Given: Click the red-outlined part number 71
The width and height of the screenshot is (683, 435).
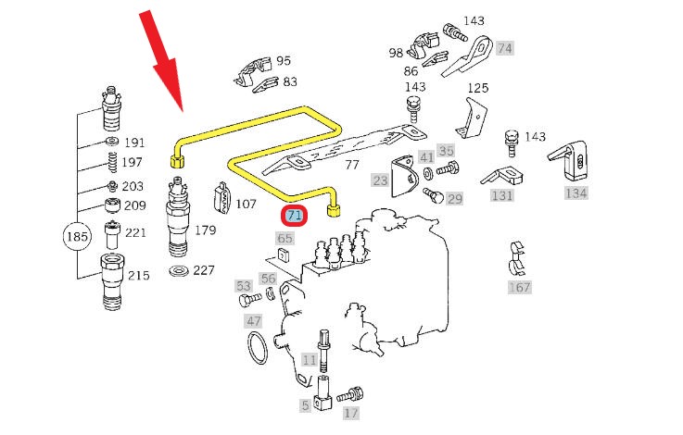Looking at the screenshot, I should (295, 216).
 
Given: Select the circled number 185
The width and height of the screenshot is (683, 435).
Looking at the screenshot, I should (77, 238).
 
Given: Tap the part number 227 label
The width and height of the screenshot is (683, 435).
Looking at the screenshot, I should (204, 271).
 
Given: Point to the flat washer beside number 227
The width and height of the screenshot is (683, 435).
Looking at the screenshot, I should (178, 271).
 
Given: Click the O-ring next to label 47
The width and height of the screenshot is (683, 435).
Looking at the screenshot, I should (259, 349).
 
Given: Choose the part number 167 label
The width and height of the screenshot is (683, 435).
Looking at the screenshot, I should (519, 287).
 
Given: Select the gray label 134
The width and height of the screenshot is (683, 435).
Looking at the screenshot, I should (575, 193).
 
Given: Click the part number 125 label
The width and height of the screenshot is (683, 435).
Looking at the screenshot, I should (476, 88).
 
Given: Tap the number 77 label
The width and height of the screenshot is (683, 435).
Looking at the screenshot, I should (351, 166).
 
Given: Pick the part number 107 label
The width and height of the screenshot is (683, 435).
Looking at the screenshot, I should (246, 205).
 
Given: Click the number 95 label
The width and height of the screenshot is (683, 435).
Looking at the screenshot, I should (284, 60).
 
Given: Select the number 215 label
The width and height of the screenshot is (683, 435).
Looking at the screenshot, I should (137, 276).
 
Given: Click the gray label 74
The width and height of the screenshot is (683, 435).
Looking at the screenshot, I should (504, 47).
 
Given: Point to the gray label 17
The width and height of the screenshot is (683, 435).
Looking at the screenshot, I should (350, 413).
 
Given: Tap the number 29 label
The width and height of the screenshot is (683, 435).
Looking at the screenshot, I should (454, 199).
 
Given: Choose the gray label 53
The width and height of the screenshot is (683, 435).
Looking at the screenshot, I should (244, 286).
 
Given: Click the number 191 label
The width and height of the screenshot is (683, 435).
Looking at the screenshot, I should (135, 143).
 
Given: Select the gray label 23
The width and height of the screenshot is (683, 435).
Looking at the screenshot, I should (380, 180).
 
